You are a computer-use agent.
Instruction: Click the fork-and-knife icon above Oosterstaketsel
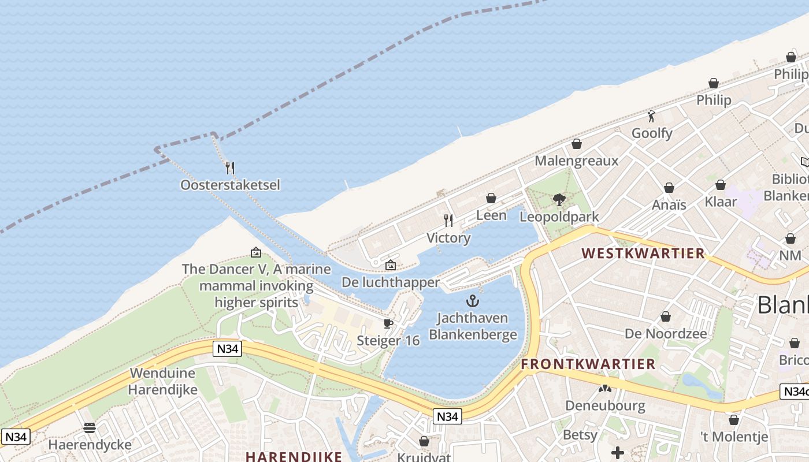230,168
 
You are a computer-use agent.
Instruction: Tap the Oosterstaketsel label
230,185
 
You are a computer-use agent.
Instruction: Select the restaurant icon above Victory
448,220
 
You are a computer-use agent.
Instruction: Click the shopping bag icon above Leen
491,198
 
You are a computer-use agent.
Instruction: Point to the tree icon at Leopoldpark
559,200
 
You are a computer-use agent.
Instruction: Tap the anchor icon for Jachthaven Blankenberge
473,301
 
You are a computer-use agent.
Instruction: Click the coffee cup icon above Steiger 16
388,323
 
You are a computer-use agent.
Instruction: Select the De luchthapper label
391,282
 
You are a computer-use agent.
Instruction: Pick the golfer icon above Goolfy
652,116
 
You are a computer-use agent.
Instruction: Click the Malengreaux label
576,161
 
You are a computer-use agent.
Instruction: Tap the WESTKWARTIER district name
643,253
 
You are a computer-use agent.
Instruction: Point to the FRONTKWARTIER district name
588,364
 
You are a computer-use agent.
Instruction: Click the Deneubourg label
605,405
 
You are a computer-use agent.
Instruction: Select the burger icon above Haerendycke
90,428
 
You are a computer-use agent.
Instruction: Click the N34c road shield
795,392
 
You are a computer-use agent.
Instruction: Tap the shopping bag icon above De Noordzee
666,316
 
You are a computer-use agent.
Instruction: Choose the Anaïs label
669,204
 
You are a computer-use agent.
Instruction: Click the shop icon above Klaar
721,185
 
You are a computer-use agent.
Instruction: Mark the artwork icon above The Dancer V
255,252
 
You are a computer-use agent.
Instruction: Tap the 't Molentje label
734,437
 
